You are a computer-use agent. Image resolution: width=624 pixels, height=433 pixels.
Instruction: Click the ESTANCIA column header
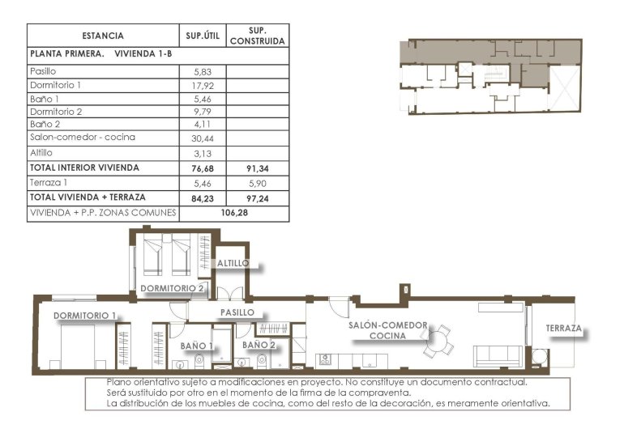[x=103, y=36]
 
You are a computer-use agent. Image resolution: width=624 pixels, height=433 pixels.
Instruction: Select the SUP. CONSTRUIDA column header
[x=257, y=36]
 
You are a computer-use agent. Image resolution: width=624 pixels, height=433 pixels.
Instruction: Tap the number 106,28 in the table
[x=233, y=214]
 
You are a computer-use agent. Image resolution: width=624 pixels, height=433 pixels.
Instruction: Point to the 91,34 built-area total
[x=257, y=168]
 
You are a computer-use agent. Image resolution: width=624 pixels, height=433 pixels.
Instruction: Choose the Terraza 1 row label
[x=48, y=184]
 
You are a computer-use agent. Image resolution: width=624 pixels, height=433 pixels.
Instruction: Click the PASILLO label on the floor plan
[x=238, y=312]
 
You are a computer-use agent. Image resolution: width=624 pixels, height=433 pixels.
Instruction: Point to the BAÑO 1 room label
[x=197, y=346]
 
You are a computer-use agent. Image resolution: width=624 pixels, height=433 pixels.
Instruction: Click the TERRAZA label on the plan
[x=563, y=329]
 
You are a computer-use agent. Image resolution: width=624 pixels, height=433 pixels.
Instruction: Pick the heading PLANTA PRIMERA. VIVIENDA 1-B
[x=100, y=54]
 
